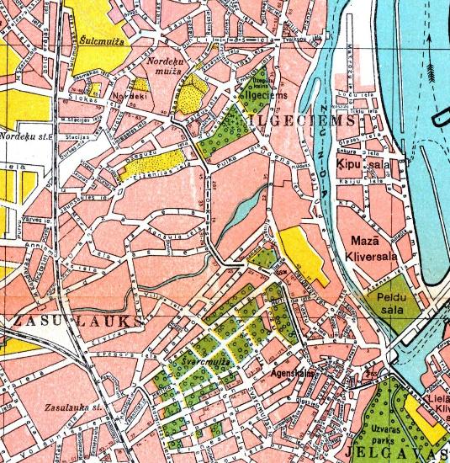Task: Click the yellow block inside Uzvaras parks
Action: click(x=425, y=420)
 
